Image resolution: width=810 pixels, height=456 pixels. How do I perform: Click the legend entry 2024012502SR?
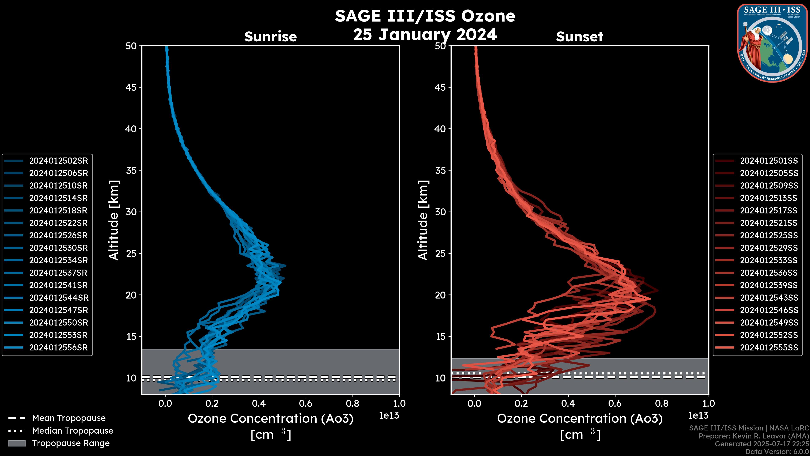point(58,161)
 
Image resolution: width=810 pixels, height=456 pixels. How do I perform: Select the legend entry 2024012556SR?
point(58,348)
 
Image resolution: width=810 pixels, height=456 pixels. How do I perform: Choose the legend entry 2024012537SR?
point(58,273)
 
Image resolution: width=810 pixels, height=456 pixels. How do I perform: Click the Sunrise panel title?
point(270,37)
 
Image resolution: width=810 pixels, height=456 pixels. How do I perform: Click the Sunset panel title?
point(579,37)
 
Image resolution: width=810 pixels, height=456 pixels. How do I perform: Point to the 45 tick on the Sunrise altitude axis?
point(131,87)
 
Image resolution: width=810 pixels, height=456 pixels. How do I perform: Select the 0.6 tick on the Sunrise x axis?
point(306,403)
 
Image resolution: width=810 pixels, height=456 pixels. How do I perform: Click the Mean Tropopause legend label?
point(69,418)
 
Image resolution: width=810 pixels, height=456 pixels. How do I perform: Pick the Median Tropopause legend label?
point(72,431)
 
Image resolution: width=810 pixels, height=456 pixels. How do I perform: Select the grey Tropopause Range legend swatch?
point(17,443)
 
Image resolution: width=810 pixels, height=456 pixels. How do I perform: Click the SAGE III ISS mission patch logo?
point(773,43)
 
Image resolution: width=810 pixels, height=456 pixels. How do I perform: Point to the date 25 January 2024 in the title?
point(425,35)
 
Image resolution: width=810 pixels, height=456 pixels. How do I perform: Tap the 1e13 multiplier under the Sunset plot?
point(698,416)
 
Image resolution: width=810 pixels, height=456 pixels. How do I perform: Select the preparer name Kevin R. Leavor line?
point(754,436)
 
